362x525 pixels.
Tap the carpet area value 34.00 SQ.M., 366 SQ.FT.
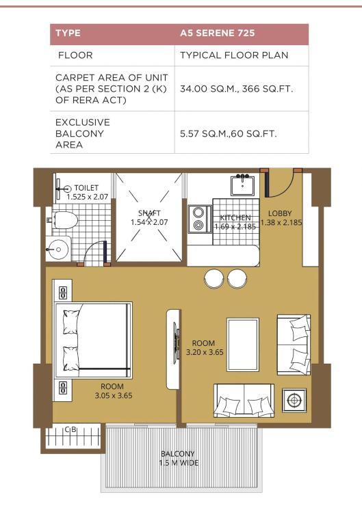(x=236, y=89)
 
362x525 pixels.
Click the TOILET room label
(x=86, y=188)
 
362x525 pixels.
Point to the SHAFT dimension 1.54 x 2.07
(x=149, y=222)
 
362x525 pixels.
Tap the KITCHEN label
(x=235, y=217)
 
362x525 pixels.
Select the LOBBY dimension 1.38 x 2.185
(x=281, y=222)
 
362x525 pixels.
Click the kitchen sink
(x=242, y=185)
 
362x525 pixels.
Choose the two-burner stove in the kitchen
(x=200, y=219)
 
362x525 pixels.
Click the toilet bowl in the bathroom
(x=64, y=220)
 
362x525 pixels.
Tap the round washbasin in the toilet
(x=58, y=249)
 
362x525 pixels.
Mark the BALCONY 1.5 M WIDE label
(x=179, y=459)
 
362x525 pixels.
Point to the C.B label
(x=70, y=429)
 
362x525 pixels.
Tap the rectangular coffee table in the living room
(x=243, y=345)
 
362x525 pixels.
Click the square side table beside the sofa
(x=294, y=400)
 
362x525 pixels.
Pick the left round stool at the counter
(x=214, y=279)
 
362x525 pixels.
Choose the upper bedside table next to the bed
(x=63, y=292)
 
